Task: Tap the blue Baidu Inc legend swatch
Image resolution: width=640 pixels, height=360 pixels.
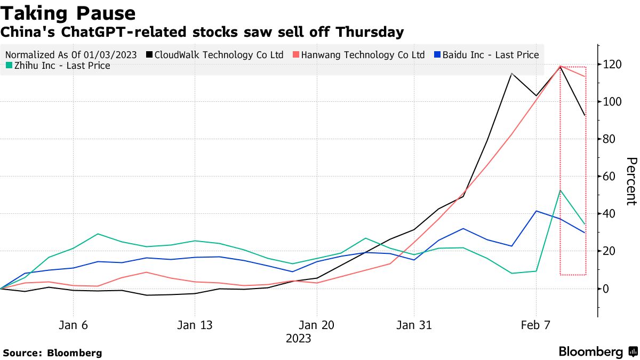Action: click(x=437, y=55)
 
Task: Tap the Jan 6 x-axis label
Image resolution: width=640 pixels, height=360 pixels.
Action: click(x=73, y=325)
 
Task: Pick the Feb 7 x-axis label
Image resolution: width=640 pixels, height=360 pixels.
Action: click(x=535, y=325)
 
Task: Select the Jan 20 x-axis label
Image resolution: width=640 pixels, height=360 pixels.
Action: click(x=317, y=325)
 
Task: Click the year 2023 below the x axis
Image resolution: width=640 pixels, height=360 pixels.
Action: click(x=298, y=339)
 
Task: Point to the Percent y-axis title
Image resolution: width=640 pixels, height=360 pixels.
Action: click(x=631, y=181)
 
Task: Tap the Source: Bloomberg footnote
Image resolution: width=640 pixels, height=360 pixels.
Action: click(x=52, y=353)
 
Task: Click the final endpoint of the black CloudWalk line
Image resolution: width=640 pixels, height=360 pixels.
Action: click(x=585, y=115)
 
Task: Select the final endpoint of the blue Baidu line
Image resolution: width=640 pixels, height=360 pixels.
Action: click(x=585, y=233)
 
